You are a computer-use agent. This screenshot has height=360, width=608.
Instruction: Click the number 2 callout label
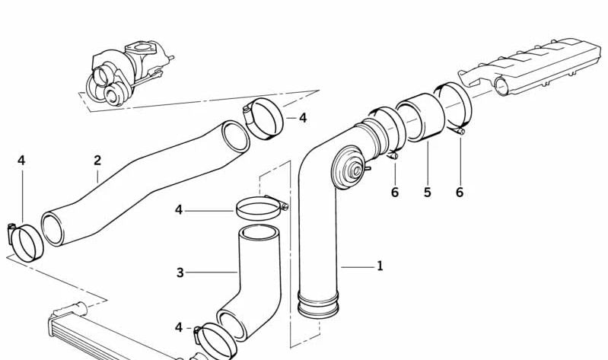point(97,161)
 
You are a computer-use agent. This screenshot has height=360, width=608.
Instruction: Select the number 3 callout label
point(180,272)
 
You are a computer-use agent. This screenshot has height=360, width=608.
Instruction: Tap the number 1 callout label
point(380,266)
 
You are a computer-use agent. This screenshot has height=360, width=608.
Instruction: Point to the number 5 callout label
point(428,192)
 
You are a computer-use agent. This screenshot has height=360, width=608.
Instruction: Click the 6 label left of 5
point(395,192)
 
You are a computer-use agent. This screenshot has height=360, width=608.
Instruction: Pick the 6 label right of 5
point(460,192)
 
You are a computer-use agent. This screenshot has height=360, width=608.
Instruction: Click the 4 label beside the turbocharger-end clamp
point(303,118)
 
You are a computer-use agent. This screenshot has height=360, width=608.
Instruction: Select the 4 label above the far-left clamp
point(21,161)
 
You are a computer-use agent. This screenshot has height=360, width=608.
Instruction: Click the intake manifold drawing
point(531,66)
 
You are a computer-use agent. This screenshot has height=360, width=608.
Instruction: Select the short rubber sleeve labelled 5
point(421,117)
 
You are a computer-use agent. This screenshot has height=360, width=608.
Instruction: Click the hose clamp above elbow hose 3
point(260,208)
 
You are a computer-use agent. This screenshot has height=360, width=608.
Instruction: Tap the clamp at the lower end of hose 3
point(215,340)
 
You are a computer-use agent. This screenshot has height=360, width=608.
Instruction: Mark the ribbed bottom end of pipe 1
point(318,304)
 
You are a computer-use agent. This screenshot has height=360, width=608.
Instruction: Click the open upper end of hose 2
point(235,137)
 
